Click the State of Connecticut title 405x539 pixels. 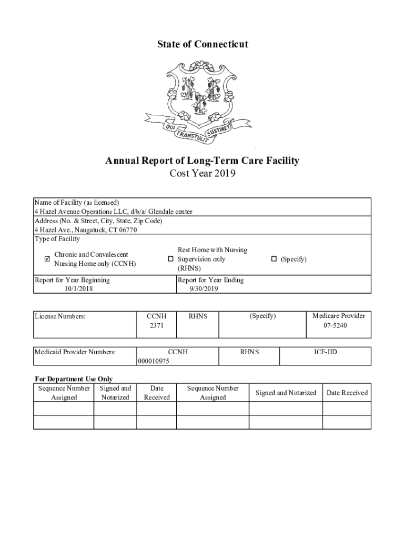(202, 44)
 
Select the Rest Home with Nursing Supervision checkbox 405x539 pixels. (170, 259)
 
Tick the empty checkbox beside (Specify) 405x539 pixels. (274, 259)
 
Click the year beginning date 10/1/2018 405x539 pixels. (78, 288)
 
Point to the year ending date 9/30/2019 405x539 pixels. (204, 288)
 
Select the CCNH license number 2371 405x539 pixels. (156, 326)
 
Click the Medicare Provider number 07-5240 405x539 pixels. (339, 326)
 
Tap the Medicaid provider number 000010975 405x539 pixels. (153, 361)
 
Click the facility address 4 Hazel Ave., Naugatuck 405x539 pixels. (86, 230)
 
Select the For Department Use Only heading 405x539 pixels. (74, 379)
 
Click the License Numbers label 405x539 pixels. (60, 316)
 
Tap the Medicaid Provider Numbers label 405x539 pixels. (75, 352)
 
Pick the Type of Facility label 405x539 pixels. (57, 239)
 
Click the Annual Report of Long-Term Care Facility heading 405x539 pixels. (202, 161)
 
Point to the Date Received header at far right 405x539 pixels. (347, 393)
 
